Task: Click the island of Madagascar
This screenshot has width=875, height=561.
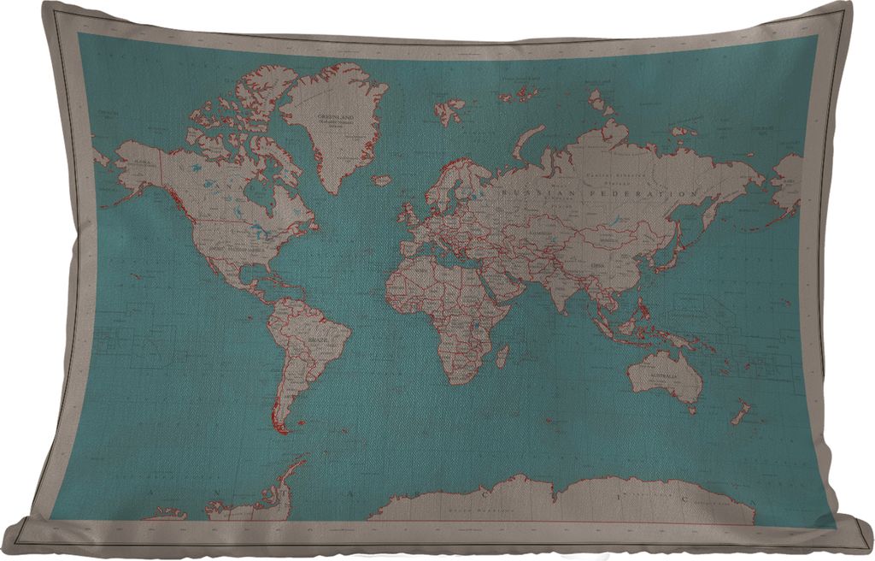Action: click(x=503, y=355)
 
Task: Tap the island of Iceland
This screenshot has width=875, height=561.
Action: click(x=382, y=180)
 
